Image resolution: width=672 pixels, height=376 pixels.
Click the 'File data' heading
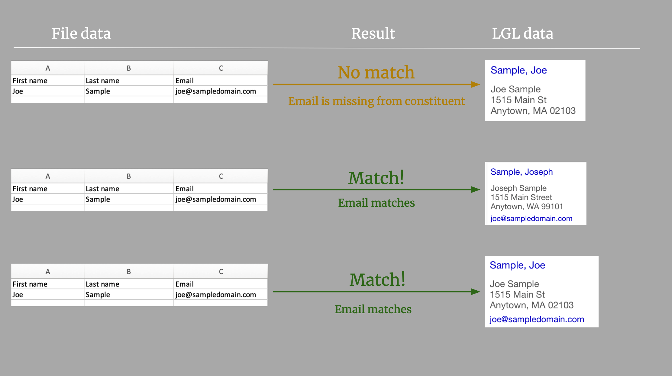[x=81, y=33]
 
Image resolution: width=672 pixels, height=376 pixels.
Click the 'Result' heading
[x=373, y=33]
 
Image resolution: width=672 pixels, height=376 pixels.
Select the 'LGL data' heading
[x=523, y=33]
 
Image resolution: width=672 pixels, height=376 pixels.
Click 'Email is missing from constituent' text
[x=376, y=101]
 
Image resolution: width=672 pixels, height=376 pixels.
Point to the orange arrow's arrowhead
[x=476, y=84]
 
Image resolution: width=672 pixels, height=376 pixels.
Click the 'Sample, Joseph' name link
[x=522, y=172]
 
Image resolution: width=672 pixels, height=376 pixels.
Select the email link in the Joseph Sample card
[x=531, y=218]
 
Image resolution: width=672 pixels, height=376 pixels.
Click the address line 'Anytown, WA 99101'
[x=527, y=206]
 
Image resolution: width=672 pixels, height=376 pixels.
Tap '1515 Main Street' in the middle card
[x=521, y=197]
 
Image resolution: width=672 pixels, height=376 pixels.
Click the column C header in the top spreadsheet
[x=221, y=68]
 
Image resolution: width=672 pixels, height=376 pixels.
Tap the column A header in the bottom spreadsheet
[x=48, y=272]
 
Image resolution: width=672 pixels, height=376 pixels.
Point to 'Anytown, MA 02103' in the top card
[x=533, y=111]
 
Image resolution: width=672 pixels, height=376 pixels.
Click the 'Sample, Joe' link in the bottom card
[x=517, y=265]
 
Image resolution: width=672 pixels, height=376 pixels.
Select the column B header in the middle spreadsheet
[x=129, y=176]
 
